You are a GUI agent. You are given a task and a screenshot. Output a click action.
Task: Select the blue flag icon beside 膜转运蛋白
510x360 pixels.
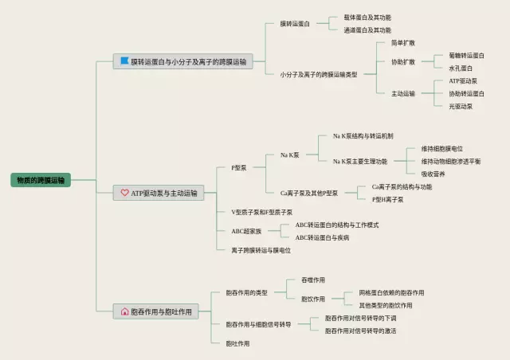124,61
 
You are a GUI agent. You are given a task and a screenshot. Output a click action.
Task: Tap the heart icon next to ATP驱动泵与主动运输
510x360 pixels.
124,193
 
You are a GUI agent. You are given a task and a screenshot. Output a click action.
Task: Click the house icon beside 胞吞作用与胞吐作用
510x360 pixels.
124,312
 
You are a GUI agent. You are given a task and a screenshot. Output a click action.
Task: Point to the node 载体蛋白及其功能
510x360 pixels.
367,17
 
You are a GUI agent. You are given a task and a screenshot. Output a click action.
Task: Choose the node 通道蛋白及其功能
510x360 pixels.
367,30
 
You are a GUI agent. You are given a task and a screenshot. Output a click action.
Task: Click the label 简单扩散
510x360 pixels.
402,42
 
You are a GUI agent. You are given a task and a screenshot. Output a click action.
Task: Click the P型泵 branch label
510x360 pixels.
239,168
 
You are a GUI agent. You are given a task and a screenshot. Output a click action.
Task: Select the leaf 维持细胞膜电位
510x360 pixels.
442,149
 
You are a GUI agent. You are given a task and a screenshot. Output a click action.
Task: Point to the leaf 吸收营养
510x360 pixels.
433,174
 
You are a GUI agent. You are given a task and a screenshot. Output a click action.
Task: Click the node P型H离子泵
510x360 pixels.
387,199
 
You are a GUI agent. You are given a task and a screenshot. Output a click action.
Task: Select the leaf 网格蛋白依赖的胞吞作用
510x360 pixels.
391,292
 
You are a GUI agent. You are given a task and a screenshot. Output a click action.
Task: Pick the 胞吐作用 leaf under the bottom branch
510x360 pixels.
237,343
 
